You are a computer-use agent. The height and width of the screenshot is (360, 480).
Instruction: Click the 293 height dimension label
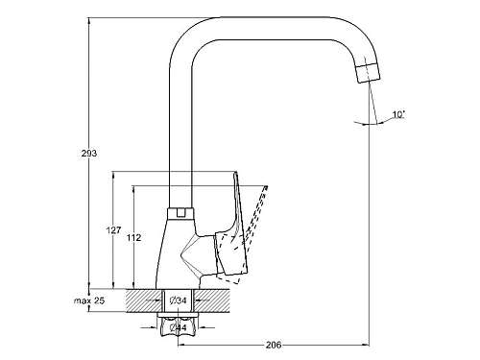click(89, 154)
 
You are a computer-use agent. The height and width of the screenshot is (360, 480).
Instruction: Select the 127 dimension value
click(113, 230)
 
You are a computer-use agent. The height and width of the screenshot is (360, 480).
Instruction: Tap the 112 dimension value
click(133, 238)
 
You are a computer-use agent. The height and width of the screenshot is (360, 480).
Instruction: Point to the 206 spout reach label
click(274, 345)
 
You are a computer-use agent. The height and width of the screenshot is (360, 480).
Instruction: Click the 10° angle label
click(398, 114)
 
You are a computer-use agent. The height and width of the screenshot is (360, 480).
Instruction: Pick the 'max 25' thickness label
click(89, 300)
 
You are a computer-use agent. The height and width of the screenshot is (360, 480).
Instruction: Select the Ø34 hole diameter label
click(179, 300)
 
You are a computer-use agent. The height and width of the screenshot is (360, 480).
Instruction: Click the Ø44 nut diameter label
click(179, 327)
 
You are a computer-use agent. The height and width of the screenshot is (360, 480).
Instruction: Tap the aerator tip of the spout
click(368, 73)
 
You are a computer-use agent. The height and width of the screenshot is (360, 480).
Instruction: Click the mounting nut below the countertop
click(179, 326)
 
